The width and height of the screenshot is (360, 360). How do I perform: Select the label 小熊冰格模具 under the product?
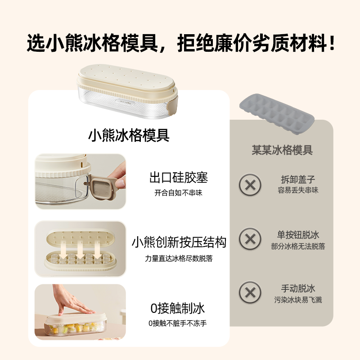point(129,135)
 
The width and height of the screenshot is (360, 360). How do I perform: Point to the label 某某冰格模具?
point(282,150)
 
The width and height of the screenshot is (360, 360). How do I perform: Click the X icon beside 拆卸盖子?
point(250,184)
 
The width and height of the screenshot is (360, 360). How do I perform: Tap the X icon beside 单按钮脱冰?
point(250,238)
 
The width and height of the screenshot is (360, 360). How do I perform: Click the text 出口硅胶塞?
point(179,177)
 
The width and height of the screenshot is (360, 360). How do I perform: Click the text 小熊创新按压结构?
point(179,243)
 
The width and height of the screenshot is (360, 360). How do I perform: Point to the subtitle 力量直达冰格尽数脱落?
point(179,258)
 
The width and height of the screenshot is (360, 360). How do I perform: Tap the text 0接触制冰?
point(177,308)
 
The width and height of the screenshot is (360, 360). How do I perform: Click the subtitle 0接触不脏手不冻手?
point(177,323)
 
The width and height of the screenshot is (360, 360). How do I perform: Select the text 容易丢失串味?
point(298,190)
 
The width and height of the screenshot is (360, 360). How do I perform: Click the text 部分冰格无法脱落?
point(298,246)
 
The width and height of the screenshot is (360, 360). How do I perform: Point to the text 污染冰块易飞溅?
point(298,300)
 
